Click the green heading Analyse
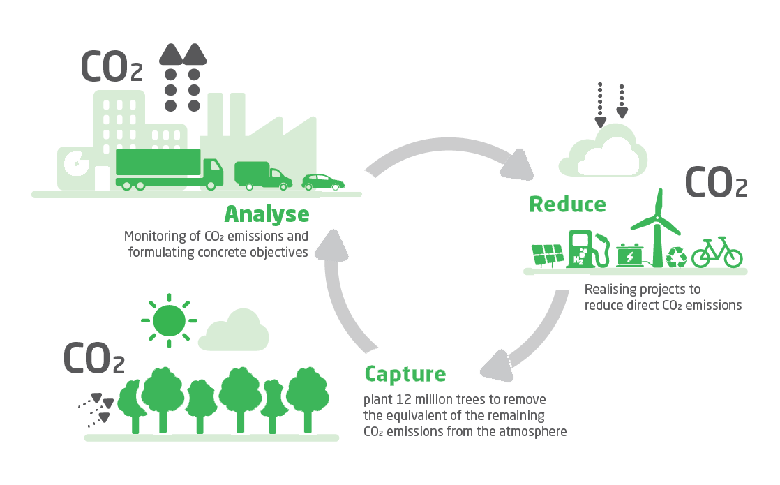pos(266,214)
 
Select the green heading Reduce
pos(567,204)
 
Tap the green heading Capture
pos(405,374)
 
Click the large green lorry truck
pos(167,169)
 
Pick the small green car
pos(323,182)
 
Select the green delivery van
pos(262,175)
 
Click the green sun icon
pos(169,320)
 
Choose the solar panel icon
pos(548,255)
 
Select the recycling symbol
pos(677,257)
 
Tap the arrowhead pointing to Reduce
pos(517,165)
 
